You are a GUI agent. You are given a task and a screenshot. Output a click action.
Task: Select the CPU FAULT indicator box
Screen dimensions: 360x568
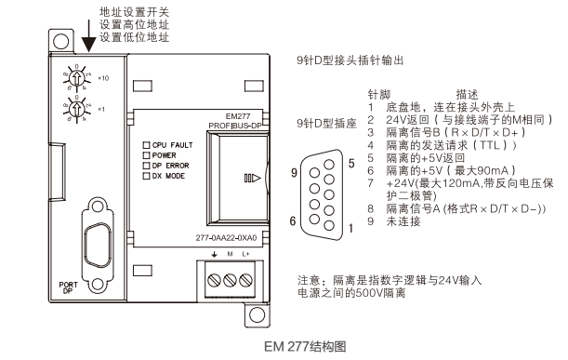tap(145, 145)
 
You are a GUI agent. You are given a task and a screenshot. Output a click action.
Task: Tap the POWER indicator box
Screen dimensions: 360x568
tap(145, 154)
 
